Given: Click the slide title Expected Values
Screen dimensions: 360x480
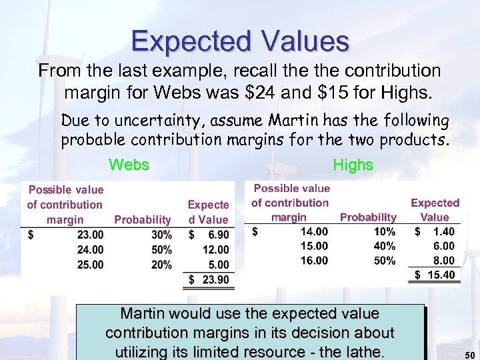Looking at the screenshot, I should [x=240, y=41].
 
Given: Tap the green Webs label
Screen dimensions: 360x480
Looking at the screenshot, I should [x=129, y=164].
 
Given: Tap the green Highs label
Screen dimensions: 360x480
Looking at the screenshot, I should [x=353, y=164].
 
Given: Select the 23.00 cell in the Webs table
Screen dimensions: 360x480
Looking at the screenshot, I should [x=90, y=235].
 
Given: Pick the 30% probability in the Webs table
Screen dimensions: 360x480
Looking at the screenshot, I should [x=161, y=235].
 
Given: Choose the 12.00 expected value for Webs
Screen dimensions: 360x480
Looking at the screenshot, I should [x=215, y=249].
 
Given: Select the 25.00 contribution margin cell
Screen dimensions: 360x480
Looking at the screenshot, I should [x=90, y=265].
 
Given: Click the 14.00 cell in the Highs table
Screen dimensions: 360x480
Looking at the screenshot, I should [x=314, y=232].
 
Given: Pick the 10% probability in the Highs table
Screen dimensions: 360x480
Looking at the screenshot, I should [x=385, y=232].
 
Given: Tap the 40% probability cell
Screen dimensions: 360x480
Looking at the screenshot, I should [x=385, y=246].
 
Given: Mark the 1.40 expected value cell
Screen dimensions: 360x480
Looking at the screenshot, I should [x=443, y=232].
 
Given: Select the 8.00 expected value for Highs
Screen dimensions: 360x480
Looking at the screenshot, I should [x=443, y=261].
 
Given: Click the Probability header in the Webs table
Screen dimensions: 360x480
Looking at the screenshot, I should [x=143, y=219].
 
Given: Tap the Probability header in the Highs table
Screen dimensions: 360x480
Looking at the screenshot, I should [x=368, y=217].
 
